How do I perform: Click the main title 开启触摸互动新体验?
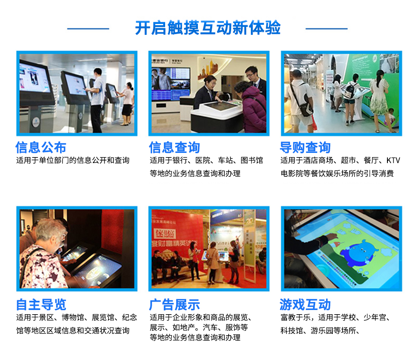[208, 28]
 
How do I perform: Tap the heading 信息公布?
[41, 147]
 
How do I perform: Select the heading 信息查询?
[174, 147]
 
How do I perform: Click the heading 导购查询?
[305, 147]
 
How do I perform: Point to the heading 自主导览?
[41, 305]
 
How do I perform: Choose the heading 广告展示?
[174, 305]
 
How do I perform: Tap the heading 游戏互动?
[305, 305]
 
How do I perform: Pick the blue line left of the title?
[88, 29]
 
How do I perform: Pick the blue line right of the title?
[326, 29]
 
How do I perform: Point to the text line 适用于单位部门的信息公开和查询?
[73, 160]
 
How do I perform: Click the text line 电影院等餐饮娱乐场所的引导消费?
[337, 173]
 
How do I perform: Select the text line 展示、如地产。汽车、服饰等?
[199, 328]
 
